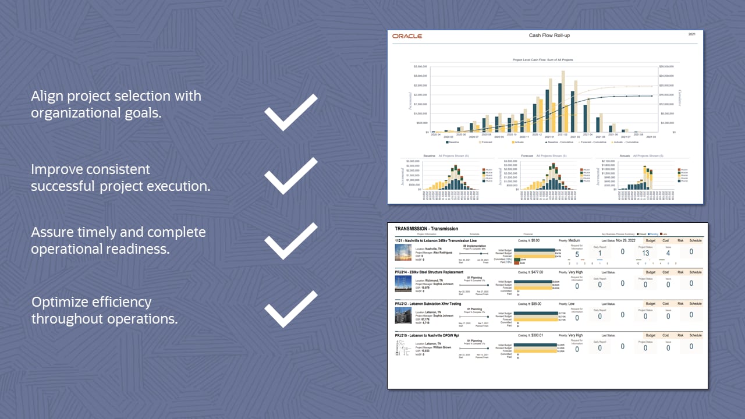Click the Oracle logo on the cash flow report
point(407,36)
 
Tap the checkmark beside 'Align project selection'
point(290,112)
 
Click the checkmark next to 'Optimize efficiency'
point(290,309)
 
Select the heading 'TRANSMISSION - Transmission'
point(426,229)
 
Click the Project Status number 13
point(645,253)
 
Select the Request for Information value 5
point(577,254)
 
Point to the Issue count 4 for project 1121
point(668,253)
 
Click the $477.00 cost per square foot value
point(535,272)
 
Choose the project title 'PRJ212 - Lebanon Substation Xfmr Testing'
point(428,304)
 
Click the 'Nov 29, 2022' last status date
point(626,240)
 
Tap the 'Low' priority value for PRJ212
point(572,304)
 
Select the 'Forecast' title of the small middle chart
point(527,156)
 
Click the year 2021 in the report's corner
point(692,35)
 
